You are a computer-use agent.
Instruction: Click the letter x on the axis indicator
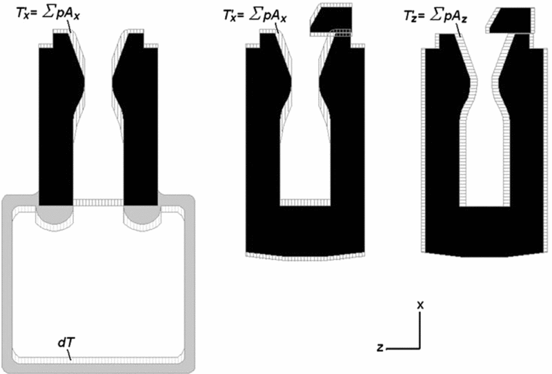click(420, 304)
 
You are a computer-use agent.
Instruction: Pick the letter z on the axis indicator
click(380, 348)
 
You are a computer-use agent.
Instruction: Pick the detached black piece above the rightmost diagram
click(511, 20)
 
